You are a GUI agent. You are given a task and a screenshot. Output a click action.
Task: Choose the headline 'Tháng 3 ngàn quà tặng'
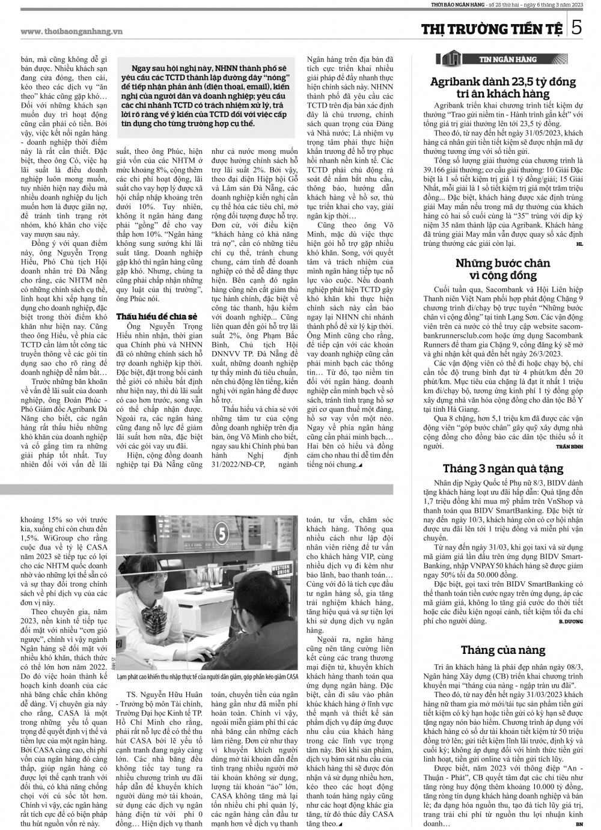pyautogui.click(x=503, y=469)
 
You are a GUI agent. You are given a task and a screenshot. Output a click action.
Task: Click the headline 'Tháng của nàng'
pyautogui.click(x=503, y=650)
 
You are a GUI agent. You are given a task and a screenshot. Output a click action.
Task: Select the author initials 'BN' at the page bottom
pyautogui.click(x=579, y=824)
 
